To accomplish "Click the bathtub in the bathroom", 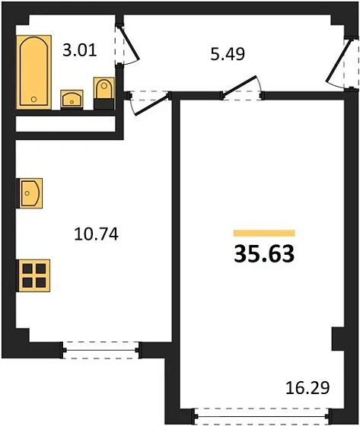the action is pos(33,72).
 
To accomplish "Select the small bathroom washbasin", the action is pos(72,100).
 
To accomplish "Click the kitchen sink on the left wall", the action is pos(29,193).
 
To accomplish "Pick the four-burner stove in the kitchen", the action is pos(33,275).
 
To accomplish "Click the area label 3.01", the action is pos(80,51).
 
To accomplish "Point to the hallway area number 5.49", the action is pos(228,54).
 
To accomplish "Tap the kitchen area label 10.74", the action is pos(96,234).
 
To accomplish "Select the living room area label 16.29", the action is pos(307,388).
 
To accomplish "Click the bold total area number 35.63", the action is pos(264,254).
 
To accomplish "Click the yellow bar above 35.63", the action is pos(264,233).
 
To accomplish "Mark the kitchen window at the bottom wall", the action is pos(101,350).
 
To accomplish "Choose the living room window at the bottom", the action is pos(262,416).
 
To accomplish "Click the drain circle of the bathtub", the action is pos(33,99).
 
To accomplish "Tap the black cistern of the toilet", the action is pos(104,104).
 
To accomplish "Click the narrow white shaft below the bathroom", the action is pos(66,124).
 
